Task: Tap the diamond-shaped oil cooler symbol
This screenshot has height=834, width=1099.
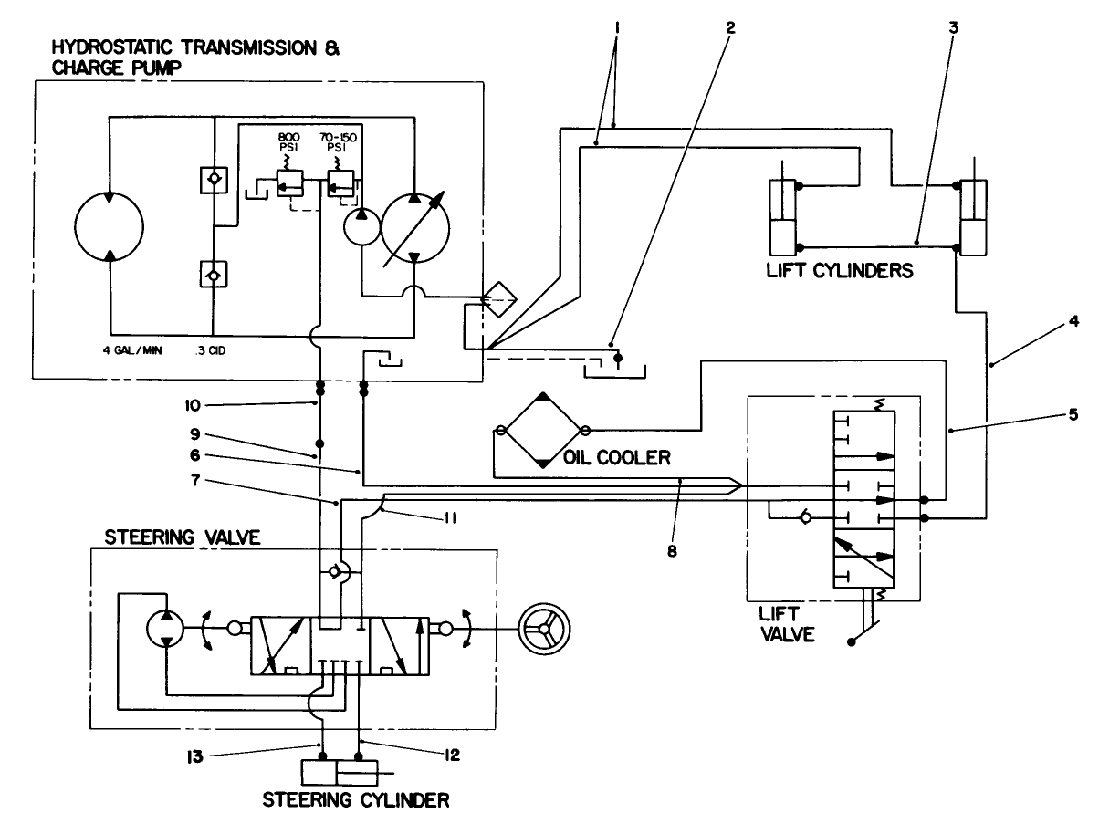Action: pyautogui.click(x=542, y=430)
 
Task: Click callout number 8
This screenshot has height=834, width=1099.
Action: pyautogui.click(x=671, y=550)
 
